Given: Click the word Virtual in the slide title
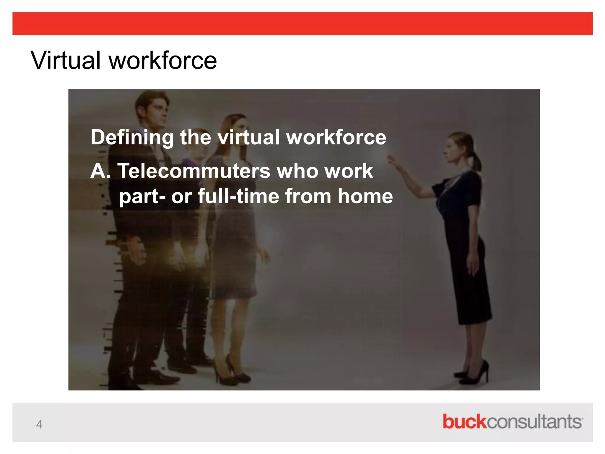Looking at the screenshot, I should [66, 60].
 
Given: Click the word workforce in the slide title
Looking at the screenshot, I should [163, 60].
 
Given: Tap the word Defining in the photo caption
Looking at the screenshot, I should [132, 137].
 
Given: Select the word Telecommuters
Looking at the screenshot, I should [194, 171].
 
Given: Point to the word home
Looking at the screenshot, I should [365, 197].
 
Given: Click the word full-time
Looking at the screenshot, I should [238, 197].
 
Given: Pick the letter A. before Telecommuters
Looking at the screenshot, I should [100, 171].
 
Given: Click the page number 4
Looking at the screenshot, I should [39, 424].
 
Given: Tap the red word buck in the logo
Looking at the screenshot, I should [464, 421].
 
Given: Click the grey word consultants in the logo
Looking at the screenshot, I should [534, 422].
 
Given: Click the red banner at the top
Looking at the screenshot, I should [302, 24].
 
